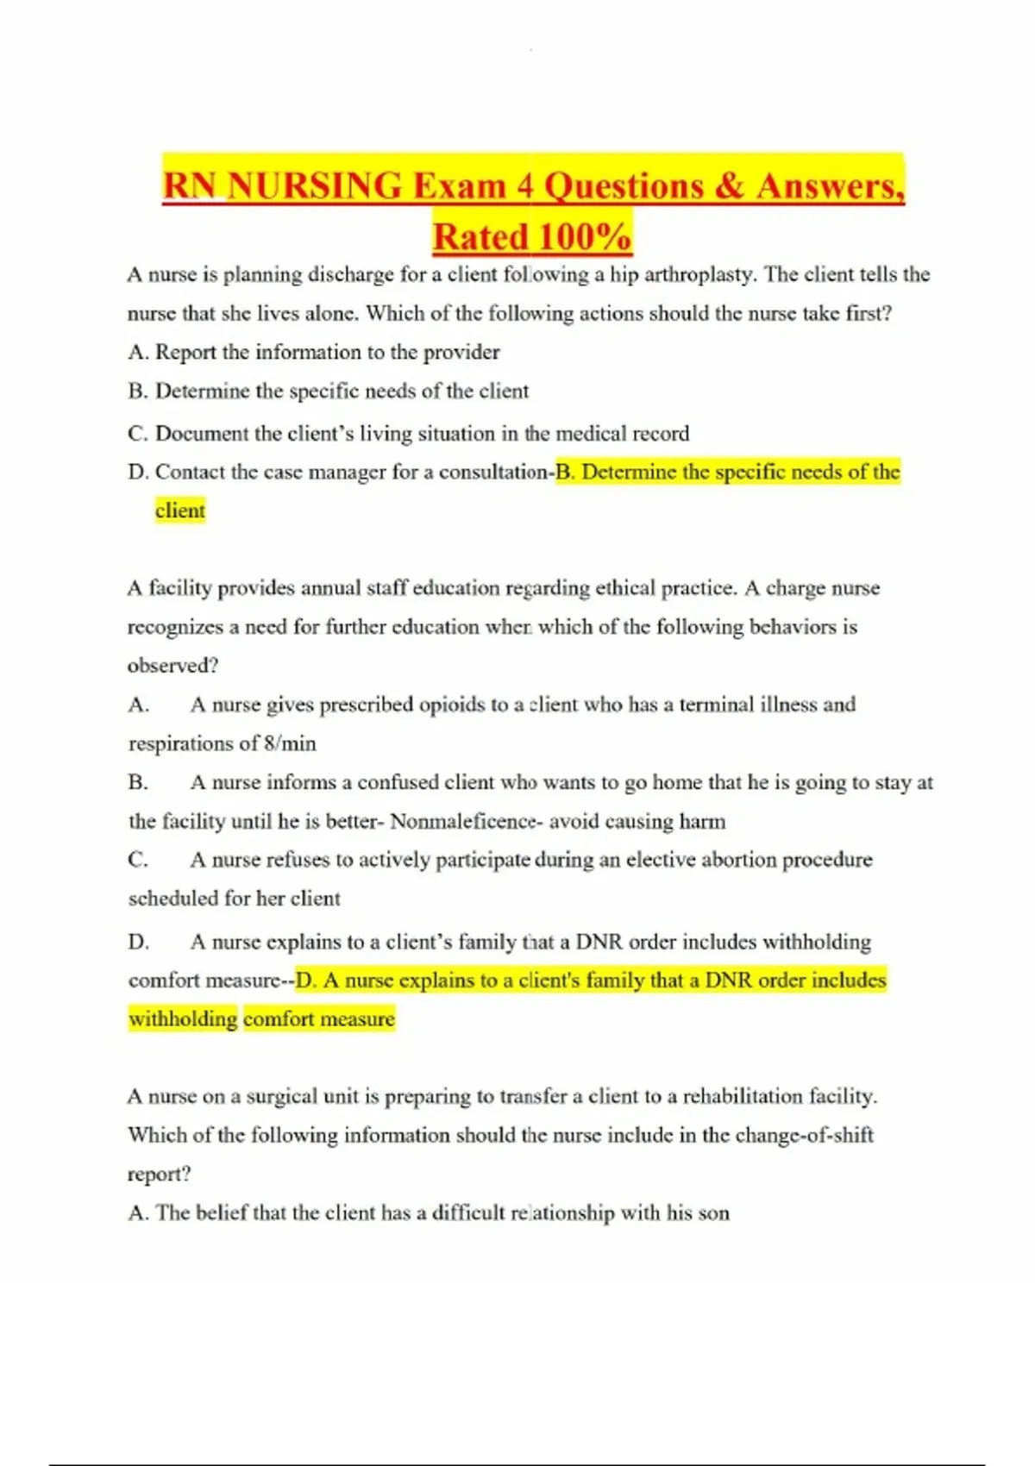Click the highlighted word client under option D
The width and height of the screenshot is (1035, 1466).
pos(180,511)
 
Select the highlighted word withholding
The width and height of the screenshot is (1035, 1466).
pos(183,1019)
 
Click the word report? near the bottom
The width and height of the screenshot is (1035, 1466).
pos(159,1175)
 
